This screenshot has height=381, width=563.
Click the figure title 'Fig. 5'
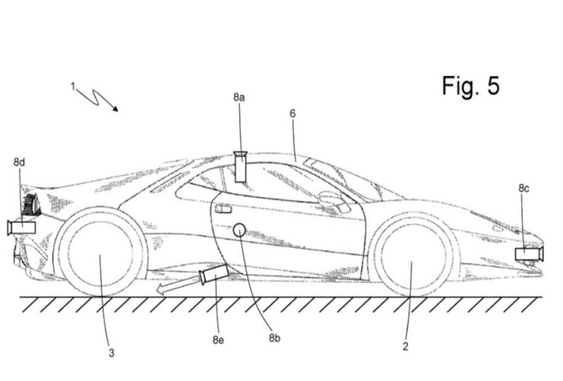(x=470, y=86)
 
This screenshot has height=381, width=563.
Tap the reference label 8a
(x=239, y=97)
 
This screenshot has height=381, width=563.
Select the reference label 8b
(x=275, y=338)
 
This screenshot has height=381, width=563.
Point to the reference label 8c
(x=523, y=188)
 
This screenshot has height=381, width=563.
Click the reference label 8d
(x=19, y=162)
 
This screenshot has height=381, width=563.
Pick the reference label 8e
(x=218, y=340)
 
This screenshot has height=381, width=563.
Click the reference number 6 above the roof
(x=293, y=114)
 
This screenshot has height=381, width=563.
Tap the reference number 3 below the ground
(x=111, y=353)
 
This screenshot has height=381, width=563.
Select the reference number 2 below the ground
(x=406, y=346)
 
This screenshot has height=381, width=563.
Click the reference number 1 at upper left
(x=73, y=87)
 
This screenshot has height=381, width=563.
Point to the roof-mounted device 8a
(x=240, y=167)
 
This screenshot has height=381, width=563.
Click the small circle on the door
(x=240, y=230)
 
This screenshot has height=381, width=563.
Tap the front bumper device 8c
(x=530, y=254)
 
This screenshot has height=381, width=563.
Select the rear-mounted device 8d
(x=21, y=228)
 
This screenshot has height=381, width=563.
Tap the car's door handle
(x=223, y=209)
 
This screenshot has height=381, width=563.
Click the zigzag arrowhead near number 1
(x=115, y=108)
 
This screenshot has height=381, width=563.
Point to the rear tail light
(x=31, y=205)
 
